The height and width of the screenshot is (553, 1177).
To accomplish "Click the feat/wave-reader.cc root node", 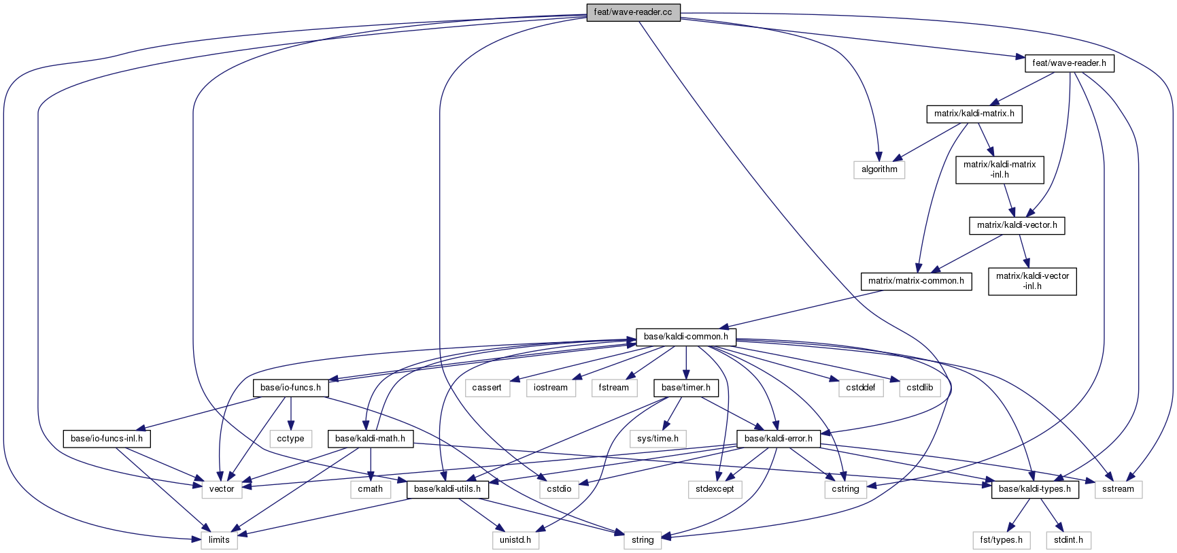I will [x=633, y=13].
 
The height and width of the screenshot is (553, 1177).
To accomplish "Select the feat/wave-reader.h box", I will [x=1069, y=63].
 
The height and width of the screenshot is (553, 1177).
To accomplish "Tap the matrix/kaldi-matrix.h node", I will [x=974, y=114].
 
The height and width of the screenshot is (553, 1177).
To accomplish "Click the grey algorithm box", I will [x=879, y=169].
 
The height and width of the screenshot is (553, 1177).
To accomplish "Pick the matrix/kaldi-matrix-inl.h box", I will [x=1000, y=169].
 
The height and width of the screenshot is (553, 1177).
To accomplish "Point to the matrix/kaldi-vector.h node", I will [x=1017, y=225].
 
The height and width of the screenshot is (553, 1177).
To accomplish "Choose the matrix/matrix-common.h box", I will [x=916, y=281].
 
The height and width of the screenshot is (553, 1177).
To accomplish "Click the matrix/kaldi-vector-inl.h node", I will [x=1032, y=281].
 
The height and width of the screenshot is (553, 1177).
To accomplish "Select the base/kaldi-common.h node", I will [x=685, y=337].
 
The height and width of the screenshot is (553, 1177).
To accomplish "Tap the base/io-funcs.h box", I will [x=290, y=388].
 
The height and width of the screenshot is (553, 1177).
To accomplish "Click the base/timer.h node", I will [x=685, y=388].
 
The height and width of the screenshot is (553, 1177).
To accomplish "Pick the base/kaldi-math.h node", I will [x=370, y=439].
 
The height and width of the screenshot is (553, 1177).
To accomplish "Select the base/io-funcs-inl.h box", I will [x=107, y=439].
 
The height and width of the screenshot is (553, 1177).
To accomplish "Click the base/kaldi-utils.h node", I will [x=447, y=489].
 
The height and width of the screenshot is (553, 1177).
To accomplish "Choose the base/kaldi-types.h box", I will [x=1035, y=489].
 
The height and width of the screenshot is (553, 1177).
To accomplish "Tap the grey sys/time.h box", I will [x=658, y=439].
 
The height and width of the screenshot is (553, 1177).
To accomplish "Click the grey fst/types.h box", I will [x=1001, y=540].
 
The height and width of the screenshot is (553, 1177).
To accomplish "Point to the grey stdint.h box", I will [x=1068, y=540].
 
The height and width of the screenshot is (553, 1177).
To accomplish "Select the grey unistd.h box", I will [x=515, y=540].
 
